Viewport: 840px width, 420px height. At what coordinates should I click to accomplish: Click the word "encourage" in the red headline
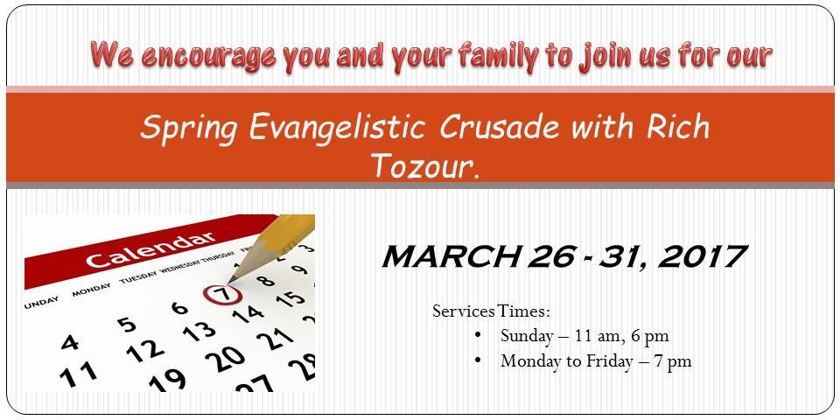209,56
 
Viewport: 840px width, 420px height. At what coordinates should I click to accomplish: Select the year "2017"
701,256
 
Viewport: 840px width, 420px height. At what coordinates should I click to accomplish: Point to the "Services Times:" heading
491,311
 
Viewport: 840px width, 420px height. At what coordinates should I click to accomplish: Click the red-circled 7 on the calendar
222,294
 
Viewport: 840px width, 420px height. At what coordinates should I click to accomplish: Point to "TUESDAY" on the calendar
138,276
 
